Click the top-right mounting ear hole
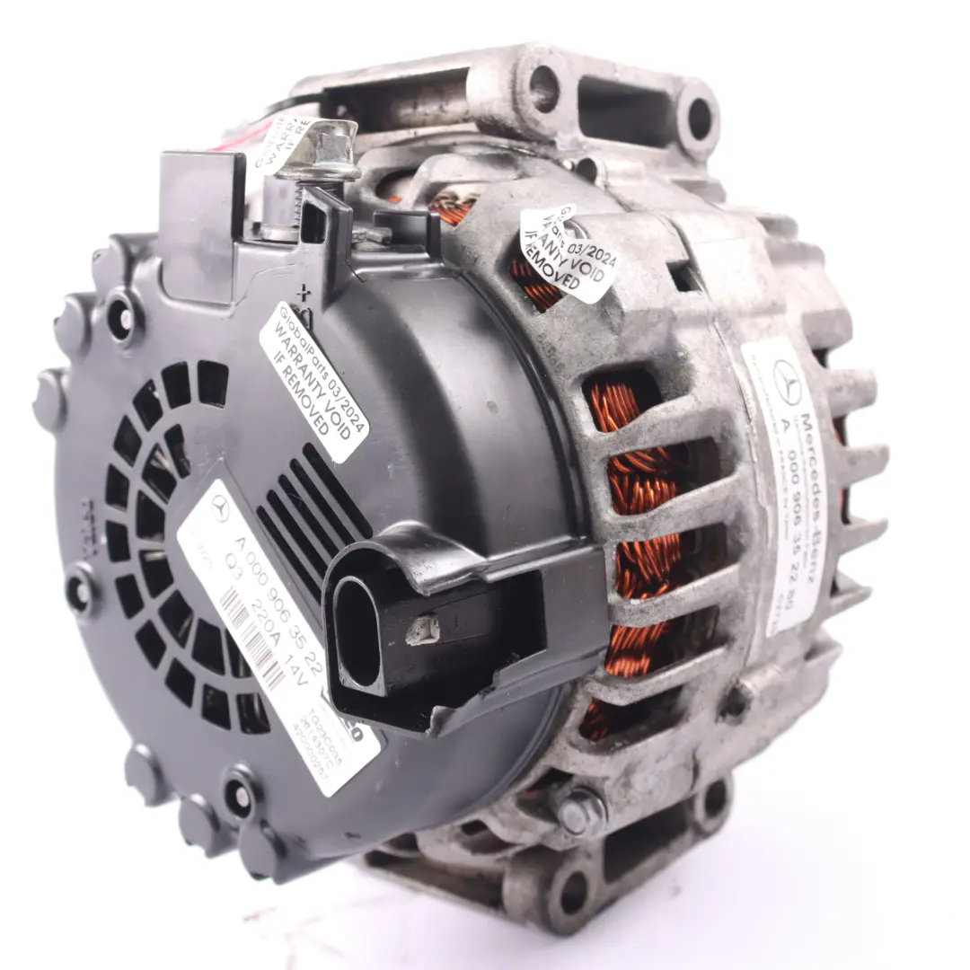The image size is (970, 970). pos(698,118)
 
